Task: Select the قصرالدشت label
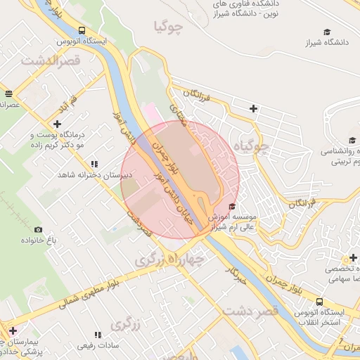(x=52, y=60)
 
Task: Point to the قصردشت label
(x=250, y=310)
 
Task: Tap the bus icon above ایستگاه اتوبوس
(x=82, y=31)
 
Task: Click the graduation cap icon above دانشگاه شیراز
(x=326, y=32)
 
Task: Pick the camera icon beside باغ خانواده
(x=38, y=230)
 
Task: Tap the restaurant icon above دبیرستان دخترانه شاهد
(x=94, y=164)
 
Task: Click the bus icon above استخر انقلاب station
(x=319, y=302)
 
